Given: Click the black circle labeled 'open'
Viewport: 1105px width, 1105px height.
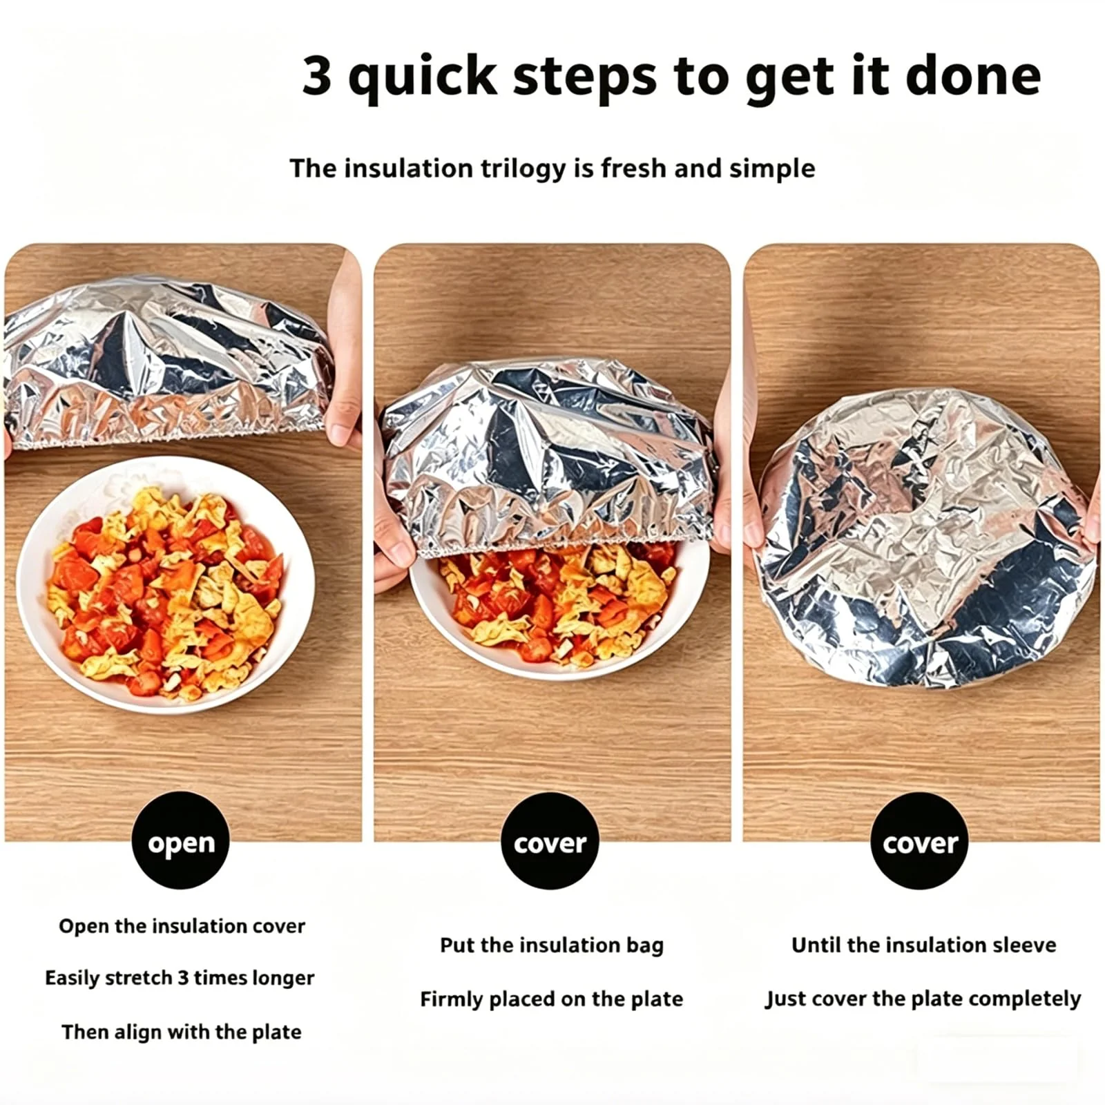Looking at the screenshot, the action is (180, 840).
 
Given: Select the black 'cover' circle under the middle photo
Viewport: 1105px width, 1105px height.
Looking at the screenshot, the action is (550, 840).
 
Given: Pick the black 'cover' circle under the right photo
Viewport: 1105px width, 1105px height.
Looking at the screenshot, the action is (919, 840).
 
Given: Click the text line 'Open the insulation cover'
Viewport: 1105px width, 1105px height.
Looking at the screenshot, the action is (182, 926).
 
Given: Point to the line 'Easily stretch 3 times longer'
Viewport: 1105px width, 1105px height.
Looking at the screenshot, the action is (180, 978).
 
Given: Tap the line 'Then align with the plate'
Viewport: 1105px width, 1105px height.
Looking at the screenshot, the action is (182, 1032).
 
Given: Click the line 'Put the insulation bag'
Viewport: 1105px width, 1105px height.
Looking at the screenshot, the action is (552, 945).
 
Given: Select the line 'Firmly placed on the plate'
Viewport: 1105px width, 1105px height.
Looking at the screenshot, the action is (552, 999).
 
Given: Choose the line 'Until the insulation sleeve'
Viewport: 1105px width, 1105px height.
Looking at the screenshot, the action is (924, 945).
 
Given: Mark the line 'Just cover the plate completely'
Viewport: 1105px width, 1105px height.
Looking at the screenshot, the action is (923, 999).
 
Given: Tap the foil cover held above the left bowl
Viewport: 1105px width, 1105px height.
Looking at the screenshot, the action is (169, 363).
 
